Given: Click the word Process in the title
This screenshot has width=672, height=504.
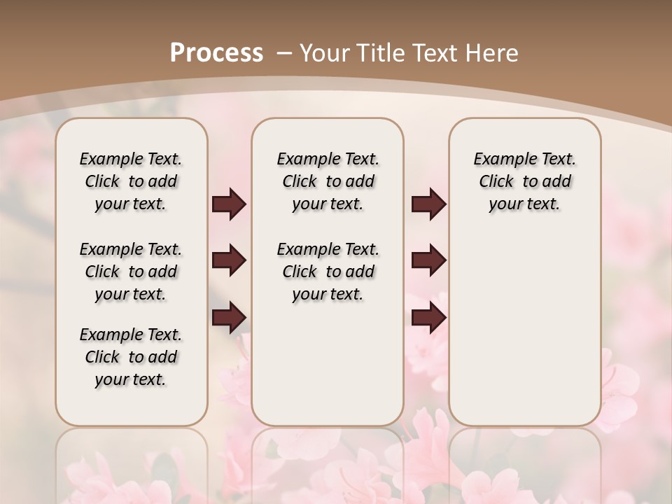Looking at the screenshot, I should point(216,52).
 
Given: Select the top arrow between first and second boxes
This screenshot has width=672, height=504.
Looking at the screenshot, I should point(229,204).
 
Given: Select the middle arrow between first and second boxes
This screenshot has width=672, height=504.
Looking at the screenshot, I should point(229,261).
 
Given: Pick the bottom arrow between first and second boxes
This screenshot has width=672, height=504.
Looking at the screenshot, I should point(229,318).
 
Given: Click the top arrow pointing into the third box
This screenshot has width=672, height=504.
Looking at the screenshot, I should point(428,204).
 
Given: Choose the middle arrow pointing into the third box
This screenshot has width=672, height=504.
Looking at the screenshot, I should point(428,261).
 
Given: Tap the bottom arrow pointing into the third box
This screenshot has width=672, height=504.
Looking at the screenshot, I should point(428,318).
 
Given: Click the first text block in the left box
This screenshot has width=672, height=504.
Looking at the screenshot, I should point(131,181).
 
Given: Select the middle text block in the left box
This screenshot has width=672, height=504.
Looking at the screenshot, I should point(131,272).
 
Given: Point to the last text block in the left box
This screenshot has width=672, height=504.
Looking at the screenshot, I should point(131,357).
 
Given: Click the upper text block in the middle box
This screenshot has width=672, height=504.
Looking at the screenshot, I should point(328,181).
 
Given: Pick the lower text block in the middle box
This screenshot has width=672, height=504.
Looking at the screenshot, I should point(328,272).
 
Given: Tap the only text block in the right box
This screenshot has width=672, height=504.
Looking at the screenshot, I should point(524,181).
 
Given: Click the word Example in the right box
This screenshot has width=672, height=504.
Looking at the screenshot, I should point(501,160).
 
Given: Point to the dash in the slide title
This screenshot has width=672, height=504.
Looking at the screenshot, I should point(284,52).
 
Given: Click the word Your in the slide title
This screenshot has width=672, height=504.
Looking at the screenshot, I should point(325,52).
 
